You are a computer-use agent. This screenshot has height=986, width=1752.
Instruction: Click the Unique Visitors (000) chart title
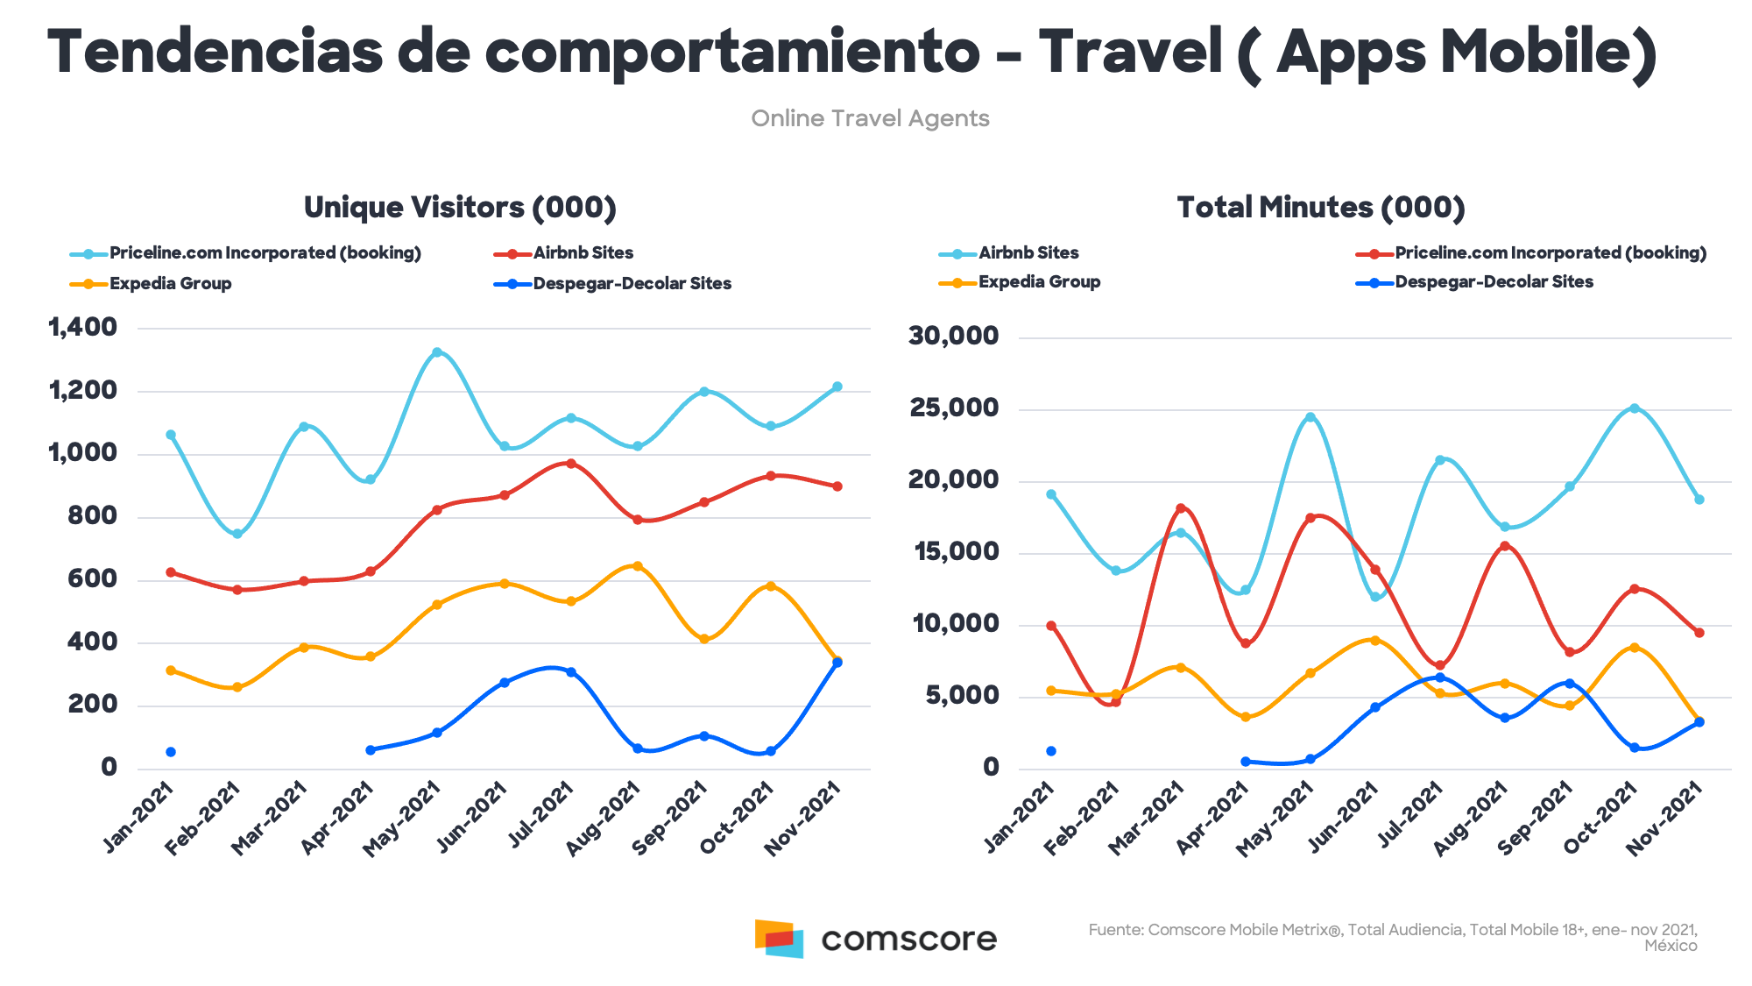460,208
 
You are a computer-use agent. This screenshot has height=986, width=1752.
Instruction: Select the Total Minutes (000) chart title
1320,208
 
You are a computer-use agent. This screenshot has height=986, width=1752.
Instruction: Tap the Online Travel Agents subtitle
870,118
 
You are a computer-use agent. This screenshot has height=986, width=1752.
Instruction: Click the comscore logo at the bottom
875,939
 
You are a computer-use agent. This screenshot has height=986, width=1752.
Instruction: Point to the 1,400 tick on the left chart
83,328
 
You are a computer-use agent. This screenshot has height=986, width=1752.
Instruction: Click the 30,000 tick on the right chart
953,336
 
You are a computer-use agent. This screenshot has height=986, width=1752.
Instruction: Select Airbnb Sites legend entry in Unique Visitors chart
583,253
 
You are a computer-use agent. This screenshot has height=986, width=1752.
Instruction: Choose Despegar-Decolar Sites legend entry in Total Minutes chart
1493,282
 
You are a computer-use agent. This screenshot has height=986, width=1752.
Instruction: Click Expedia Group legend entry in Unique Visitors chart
170,284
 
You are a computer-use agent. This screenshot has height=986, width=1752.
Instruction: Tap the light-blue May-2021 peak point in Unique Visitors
437,352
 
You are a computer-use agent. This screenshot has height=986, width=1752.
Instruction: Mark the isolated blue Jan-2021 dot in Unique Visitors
171,752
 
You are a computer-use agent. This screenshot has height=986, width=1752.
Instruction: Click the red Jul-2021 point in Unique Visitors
571,464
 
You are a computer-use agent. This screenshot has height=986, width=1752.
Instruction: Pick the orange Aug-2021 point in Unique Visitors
638,566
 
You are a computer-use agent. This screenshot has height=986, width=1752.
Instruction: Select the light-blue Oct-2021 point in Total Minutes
1634,408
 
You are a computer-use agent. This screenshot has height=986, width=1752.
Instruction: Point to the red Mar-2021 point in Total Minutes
1181,508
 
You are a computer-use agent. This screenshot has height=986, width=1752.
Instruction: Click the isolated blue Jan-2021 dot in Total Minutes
1051,751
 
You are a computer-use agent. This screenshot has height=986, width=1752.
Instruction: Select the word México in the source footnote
1671,947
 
